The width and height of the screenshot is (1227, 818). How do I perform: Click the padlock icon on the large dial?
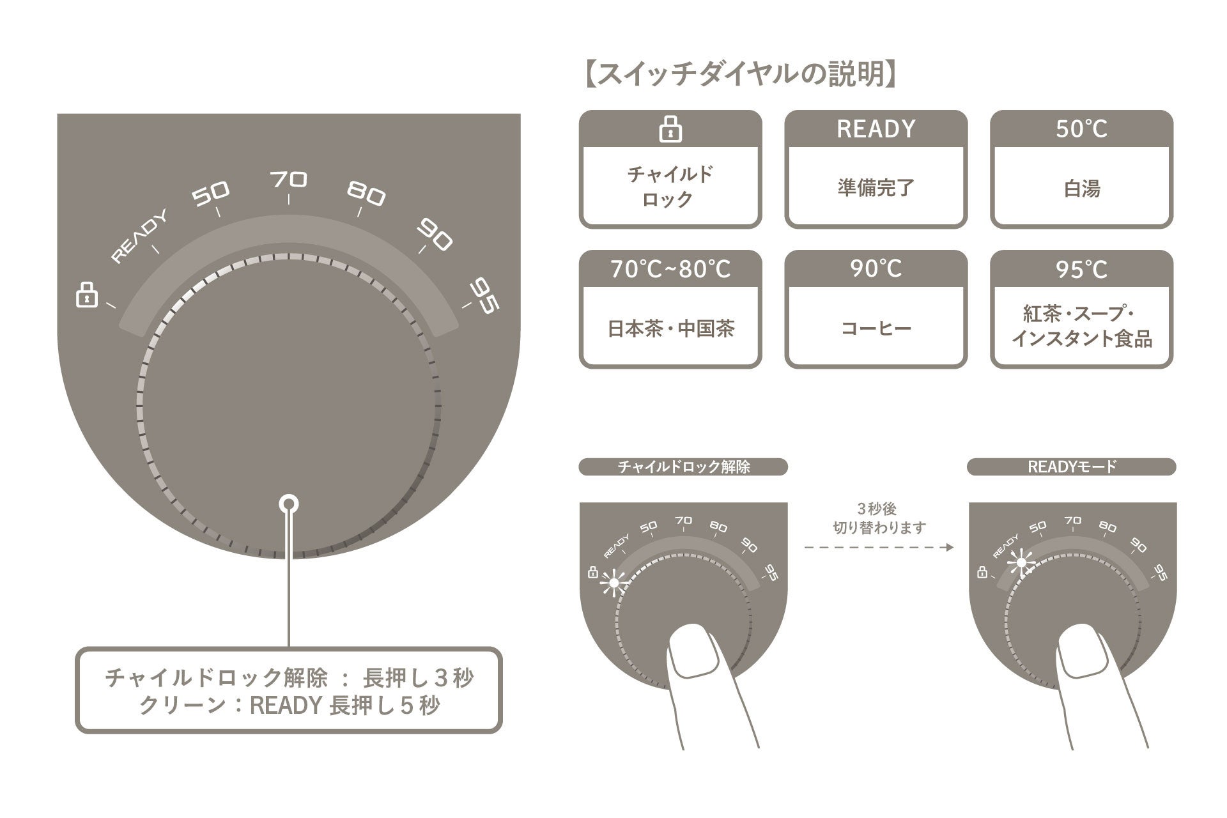click(x=87, y=295)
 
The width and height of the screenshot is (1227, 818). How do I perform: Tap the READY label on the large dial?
click(x=139, y=236)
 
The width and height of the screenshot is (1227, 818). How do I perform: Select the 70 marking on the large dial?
click(x=289, y=180)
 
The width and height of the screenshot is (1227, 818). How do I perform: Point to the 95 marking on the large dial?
click(x=484, y=297)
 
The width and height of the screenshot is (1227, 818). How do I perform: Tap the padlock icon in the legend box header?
click(x=670, y=129)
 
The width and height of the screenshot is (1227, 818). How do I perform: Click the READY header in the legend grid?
click(x=876, y=129)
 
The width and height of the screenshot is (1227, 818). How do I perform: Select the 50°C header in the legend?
click(x=1081, y=129)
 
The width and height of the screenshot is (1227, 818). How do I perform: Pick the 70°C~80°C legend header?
click(x=670, y=269)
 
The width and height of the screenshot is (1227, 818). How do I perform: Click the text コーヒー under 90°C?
click(x=876, y=328)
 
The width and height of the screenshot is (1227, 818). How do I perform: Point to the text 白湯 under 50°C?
click(x=1081, y=189)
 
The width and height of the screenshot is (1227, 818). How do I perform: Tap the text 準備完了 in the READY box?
click(x=876, y=188)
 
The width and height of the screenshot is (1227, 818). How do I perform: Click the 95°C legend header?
click(x=1081, y=269)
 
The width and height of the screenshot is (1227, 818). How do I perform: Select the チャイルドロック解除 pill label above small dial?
click(x=683, y=467)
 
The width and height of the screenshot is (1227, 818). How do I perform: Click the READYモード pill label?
click(x=1072, y=467)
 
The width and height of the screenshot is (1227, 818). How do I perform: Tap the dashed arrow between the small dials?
click(x=879, y=547)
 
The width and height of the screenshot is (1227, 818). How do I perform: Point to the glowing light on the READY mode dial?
click(x=1021, y=563)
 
